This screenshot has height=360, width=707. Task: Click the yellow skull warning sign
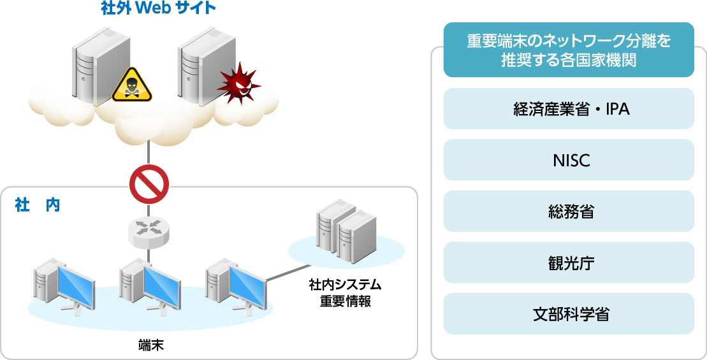coord(133,85)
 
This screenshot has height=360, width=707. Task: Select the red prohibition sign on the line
coord(149,184)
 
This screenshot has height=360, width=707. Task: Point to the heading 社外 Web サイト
coord(159,9)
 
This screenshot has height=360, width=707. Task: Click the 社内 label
coord(37,205)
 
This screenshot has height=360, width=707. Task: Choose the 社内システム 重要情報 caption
coord(345,292)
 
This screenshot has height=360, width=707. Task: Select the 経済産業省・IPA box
coord(568,109)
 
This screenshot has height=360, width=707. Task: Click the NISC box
coord(568,160)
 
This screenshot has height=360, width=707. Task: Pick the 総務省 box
coord(568,211)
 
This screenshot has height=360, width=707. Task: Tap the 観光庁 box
coord(568,263)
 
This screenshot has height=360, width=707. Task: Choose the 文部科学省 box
coord(568,313)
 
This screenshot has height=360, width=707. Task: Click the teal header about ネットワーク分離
coord(568,50)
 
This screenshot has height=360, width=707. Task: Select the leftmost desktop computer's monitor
coord(76,284)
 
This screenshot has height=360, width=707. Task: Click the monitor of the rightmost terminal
coord(247,283)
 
